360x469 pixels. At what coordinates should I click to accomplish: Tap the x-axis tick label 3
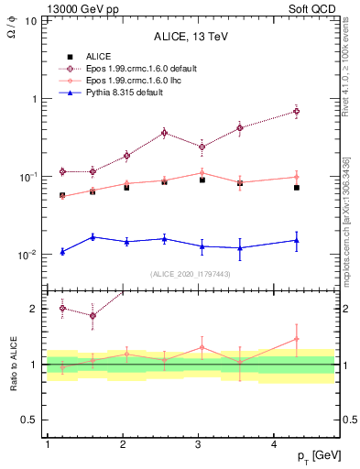[199, 444]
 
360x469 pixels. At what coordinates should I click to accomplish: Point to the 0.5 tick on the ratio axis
[31, 420]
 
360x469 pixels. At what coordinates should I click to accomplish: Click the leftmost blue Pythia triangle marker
[62, 251]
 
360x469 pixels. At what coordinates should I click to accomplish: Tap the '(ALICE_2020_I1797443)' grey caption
[191, 274]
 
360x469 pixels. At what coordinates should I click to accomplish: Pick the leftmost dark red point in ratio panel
[62, 308]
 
